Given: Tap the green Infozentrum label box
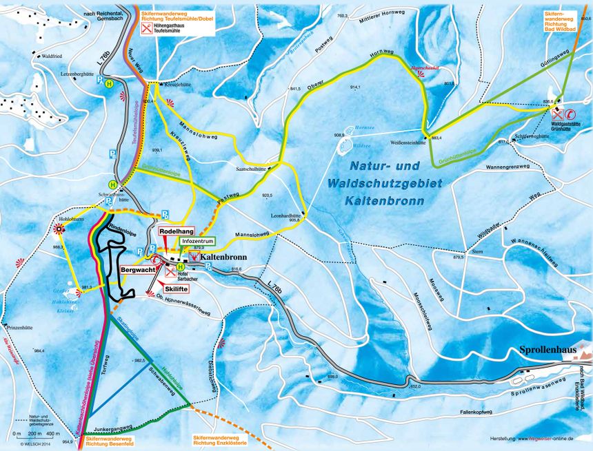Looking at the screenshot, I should point(198,242).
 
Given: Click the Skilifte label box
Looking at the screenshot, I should point(177,289).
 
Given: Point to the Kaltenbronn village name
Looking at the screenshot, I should point(225,258).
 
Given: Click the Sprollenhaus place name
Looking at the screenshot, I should point(549,350).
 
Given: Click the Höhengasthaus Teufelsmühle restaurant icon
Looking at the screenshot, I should point(147,29).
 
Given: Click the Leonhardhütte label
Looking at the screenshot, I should point(286,216).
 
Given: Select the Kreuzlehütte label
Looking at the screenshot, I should point(176,85).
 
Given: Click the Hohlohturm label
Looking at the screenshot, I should point(71,220).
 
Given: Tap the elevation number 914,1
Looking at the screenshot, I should point(356,87).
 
